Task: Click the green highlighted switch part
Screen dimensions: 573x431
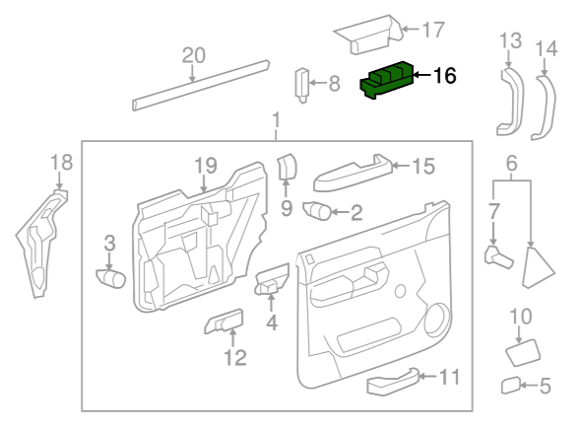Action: [387, 80]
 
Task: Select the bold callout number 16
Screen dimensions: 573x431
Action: [444, 76]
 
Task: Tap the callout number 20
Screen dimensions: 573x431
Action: [194, 55]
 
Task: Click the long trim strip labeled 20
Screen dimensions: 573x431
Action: [201, 86]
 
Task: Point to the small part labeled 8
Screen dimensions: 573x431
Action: [302, 86]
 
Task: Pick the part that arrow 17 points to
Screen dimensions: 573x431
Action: [369, 35]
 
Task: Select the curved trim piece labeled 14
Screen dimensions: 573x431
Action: [545, 107]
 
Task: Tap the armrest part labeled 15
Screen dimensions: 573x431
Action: [353, 173]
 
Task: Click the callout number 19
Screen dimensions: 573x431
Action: [206, 166]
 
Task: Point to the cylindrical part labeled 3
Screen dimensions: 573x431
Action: [110, 278]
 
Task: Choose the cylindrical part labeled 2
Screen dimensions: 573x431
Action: [317, 210]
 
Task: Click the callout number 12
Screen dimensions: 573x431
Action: [235, 358]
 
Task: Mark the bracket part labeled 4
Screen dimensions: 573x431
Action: [271, 280]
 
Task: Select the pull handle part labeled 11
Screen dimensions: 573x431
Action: [393, 382]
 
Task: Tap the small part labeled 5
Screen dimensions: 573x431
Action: [511, 385]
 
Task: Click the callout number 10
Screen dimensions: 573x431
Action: [521, 317]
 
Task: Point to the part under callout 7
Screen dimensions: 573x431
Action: [498, 256]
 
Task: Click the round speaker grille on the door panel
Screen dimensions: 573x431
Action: [437, 319]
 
